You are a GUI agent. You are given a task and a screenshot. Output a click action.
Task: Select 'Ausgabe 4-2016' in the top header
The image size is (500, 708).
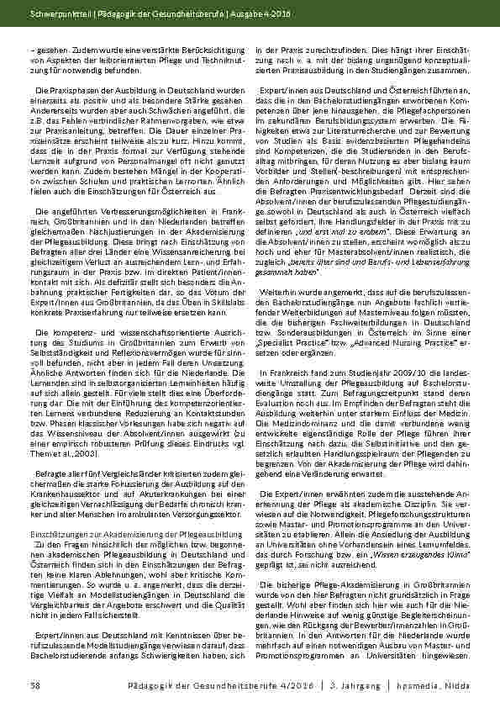(222, 14)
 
